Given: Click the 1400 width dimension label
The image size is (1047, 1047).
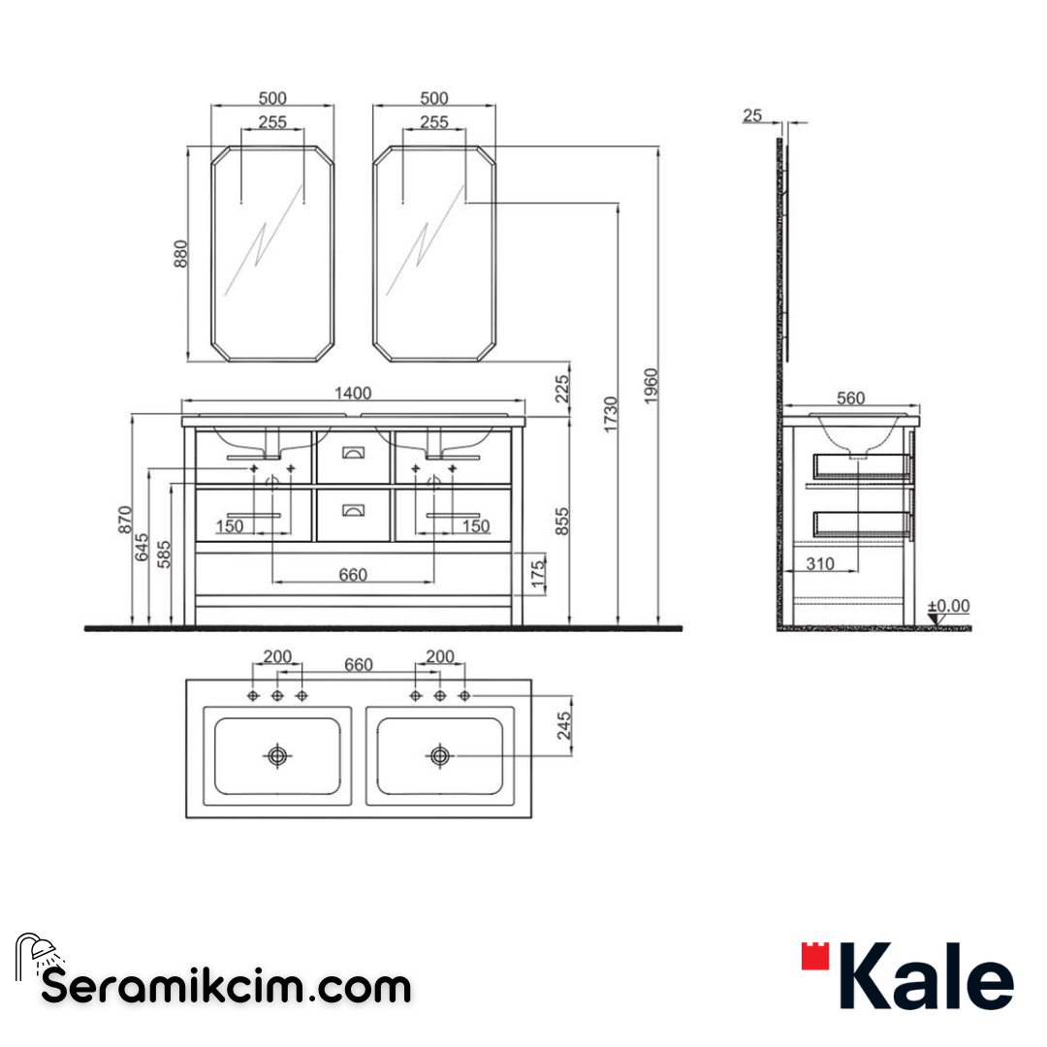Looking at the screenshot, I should pyautogui.click(x=353, y=393).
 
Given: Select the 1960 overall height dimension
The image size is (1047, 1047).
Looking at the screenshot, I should pyautogui.click(x=651, y=387).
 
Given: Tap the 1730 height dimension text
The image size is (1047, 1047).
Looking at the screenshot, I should pyautogui.click(x=611, y=414).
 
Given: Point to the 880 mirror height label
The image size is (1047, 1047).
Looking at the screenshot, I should pyautogui.click(x=180, y=253).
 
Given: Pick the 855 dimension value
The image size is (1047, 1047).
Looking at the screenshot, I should pyautogui.click(x=562, y=521).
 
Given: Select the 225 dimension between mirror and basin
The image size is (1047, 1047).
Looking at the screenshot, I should pyautogui.click(x=562, y=390).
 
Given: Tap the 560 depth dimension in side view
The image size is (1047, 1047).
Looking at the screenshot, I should pyautogui.click(x=850, y=397).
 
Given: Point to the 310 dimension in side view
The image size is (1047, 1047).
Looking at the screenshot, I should pyautogui.click(x=820, y=563).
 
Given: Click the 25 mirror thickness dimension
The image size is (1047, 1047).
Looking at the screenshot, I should pyautogui.click(x=751, y=115).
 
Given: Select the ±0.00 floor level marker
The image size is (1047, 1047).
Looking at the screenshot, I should pyautogui.click(x=948, y=607).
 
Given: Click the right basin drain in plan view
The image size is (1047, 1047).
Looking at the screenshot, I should pyautogui.click(x=440, y=755).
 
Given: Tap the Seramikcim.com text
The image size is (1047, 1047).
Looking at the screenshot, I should pyautogui.click(x=227, y=987).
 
